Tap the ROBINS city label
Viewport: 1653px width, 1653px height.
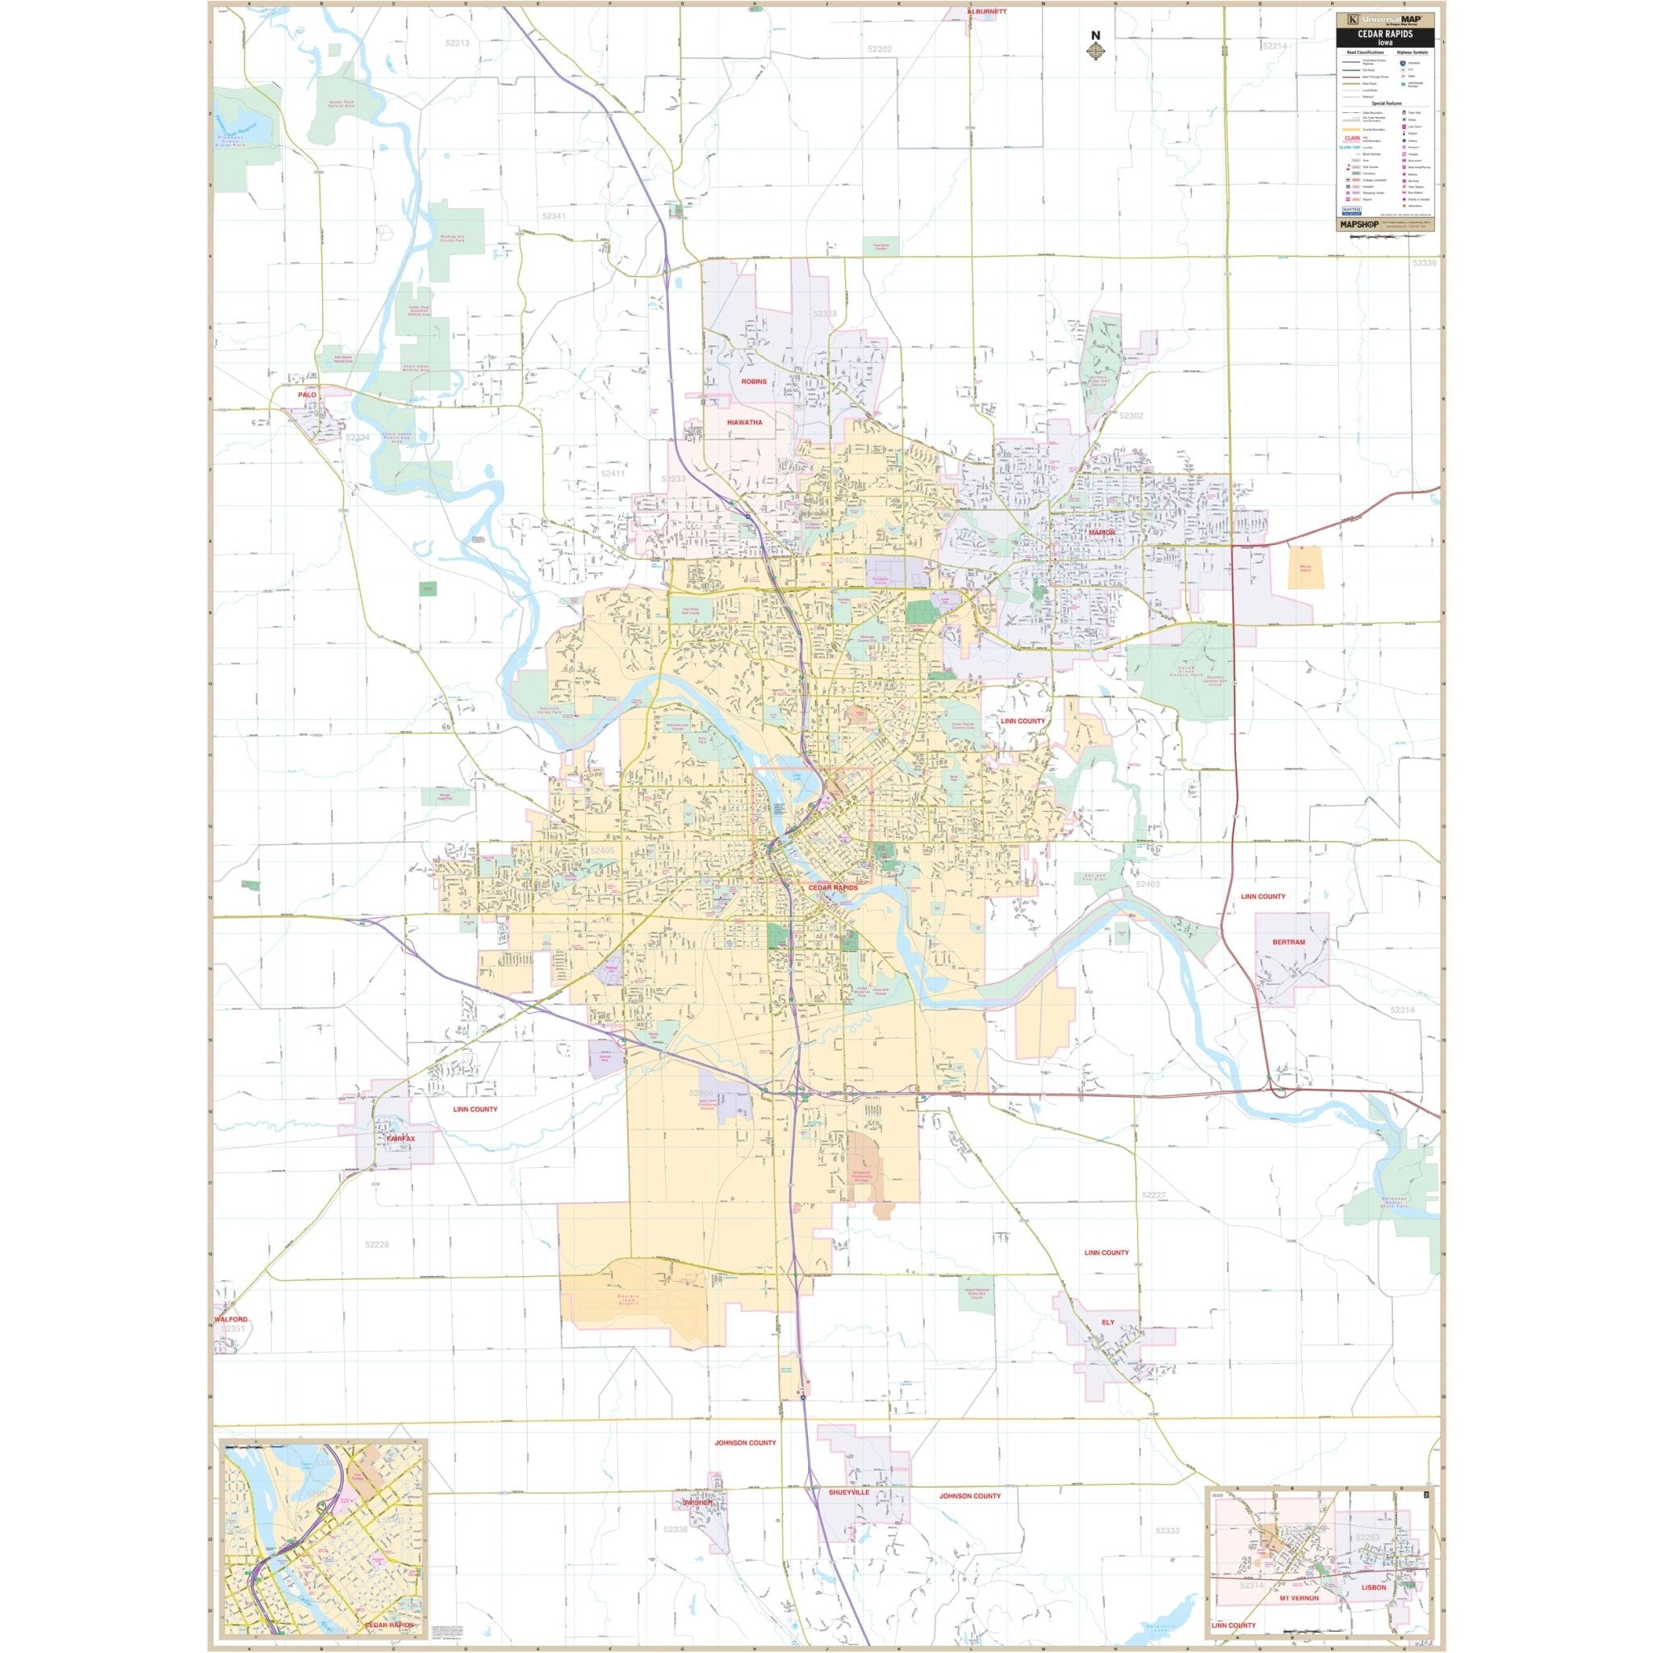click(754, 382)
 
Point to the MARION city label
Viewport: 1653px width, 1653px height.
click(1102, 532)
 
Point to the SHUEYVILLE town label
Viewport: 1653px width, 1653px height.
click(849, 1516)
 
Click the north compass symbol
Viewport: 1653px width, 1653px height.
click(1094, 49)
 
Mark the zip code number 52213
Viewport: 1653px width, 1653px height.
click(458, 42)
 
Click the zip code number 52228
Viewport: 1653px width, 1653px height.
click(375, 1245)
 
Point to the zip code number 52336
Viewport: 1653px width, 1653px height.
click(1425, 263)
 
